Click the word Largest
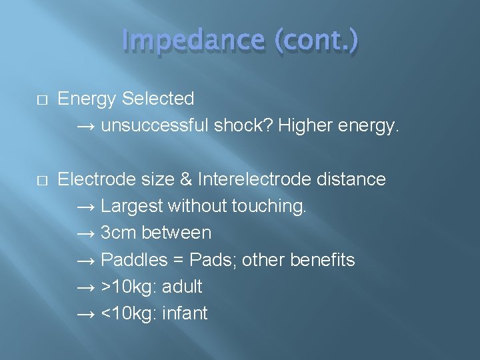point(131,206)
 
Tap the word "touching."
point(269,206)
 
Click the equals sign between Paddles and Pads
point(180,260)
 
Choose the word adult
point(182,287)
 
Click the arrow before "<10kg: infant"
point(86,313)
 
